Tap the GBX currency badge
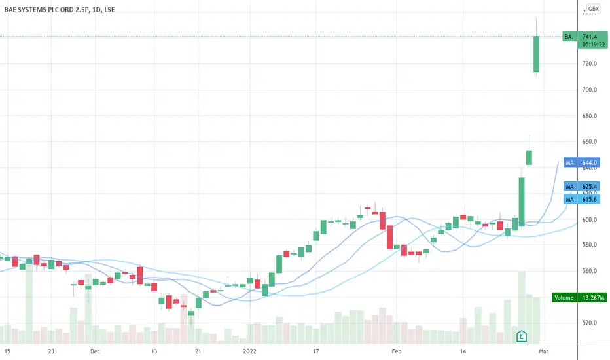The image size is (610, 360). [x=593, y=9]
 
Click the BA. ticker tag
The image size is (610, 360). [x=569, y=37]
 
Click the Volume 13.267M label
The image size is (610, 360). [x=575, y=298]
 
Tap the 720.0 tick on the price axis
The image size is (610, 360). [x=591, y=63]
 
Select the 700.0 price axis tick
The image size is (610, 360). [x=591, y=90]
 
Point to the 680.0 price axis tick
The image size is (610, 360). [x=591, y=116]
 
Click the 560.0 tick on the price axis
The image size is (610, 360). [x=591, y=271]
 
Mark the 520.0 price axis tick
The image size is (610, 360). [x=591, y=323]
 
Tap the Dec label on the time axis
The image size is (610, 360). [x=95, y=351]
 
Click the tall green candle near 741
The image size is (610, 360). [x=536, y=54]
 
